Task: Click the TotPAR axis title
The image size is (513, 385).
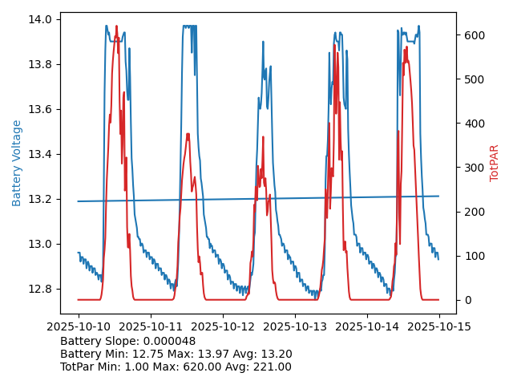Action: tap(494, 163)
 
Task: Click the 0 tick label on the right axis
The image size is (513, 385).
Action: tap(466, 300)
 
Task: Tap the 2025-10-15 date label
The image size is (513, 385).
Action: tap(438, 327)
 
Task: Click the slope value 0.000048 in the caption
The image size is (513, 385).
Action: tap(168, 342)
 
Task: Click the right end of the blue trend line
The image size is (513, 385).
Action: tap(438, 196)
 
